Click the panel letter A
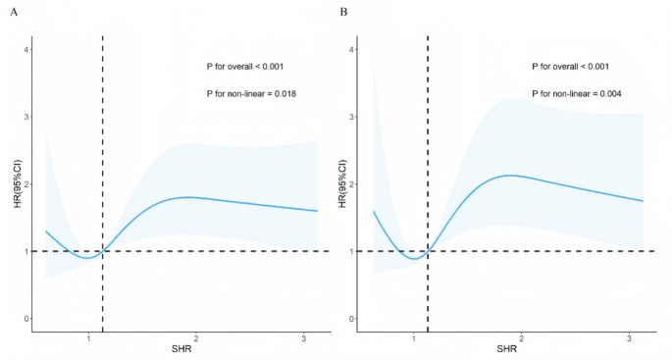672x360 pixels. point(9,12)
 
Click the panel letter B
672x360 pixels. point(343,12)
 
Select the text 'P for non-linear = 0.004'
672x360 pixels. point(576,93)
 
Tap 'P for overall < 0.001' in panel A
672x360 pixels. point(245,67)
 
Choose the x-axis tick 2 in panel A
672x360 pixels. point(196,336)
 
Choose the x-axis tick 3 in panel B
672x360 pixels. point(629,336)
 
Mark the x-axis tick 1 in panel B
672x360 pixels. point(414,336)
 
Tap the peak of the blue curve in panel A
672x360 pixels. point(188,197)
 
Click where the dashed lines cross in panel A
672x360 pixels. point(103,251)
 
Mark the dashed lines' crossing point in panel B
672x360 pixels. point(428,251)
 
